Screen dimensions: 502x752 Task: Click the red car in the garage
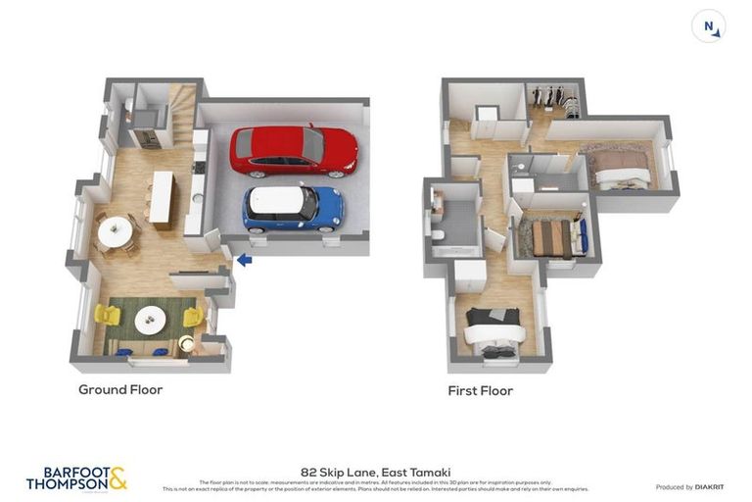[293, 150]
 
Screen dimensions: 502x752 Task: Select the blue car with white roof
[293, 208]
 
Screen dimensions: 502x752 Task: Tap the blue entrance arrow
[244, 260]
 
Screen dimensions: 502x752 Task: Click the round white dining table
[115, 231]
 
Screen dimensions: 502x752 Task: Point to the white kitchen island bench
[162, 199]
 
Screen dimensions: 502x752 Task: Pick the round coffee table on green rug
[151, 319]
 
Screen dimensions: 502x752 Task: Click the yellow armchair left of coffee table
[106, 316]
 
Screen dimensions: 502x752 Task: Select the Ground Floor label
[120, 389]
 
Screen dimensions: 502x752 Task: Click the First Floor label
[480, 390]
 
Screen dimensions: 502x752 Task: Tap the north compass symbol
[708, 25]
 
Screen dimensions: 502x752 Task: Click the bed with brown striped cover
[551, 238]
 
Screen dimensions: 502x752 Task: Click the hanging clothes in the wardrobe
[554, 99]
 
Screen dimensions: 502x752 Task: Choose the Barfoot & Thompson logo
[76, 478]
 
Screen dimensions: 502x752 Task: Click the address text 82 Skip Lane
[375, 472]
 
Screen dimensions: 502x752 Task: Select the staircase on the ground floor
[182, 103]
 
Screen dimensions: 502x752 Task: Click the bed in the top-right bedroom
[621, 168]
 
